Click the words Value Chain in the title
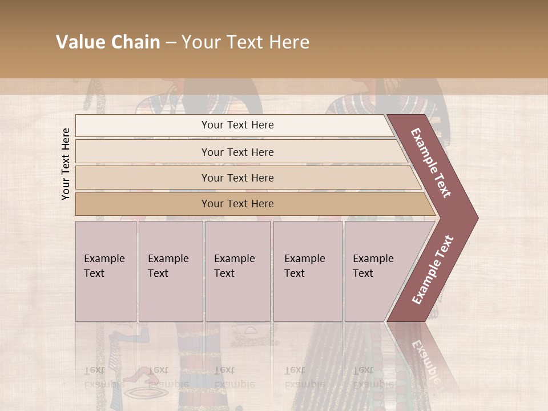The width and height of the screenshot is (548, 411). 108,42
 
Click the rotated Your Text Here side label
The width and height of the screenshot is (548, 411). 66,164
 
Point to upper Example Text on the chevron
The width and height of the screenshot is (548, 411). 431,163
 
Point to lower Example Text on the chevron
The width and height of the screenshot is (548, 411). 433,270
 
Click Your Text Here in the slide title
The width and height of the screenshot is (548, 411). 245,42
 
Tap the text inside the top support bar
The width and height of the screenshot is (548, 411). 237,125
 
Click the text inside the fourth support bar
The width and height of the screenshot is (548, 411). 237,204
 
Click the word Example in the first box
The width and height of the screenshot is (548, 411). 104,259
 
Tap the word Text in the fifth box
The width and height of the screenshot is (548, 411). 363,273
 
